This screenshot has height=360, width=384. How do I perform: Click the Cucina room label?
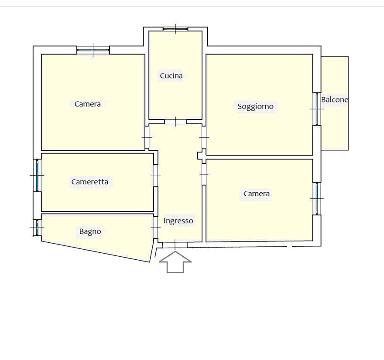pos(171,76)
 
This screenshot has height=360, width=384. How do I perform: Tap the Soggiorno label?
pos(255,106)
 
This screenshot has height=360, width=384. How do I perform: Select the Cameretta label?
pos(89,182)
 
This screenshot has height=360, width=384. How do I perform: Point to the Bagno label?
pos(90,231)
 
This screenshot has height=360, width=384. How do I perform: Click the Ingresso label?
pos(178,221)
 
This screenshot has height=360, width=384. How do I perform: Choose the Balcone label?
pos(335,100)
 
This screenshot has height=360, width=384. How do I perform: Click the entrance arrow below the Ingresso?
pos(175,262)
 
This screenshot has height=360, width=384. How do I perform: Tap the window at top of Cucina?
pos(175,29)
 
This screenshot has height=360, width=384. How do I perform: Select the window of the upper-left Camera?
pos(93,50)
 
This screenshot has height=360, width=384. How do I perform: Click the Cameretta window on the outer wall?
pos(37,175)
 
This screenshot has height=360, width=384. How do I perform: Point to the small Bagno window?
pos(37,228)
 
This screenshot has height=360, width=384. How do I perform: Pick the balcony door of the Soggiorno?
pos(317,109)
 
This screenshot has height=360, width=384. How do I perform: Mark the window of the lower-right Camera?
pos(317,199)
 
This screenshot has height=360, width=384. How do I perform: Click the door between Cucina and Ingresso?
pos(175,122)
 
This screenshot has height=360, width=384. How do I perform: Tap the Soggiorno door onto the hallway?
pos(204,137)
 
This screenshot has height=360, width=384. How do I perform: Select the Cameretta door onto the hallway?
pos(156,176)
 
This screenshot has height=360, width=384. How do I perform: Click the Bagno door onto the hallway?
pos(156,228)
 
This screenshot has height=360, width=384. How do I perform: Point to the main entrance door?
pos(175,245)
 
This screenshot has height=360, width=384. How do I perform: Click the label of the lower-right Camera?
pos(257,194)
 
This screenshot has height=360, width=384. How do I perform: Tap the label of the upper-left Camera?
pos(87,104)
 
